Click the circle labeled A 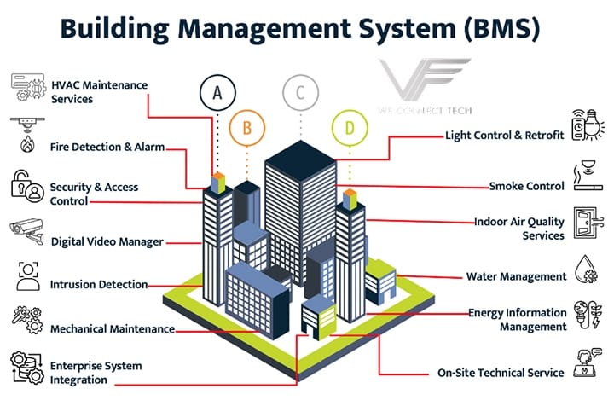217,92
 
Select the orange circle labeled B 247,128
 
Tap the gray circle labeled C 298,92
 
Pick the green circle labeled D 349,128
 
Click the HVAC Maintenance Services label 100,92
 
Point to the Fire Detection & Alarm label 107,147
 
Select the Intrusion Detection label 99,285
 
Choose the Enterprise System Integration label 96,373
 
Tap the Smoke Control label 526,186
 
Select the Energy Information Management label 518,320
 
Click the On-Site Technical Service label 501,373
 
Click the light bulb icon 593,126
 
